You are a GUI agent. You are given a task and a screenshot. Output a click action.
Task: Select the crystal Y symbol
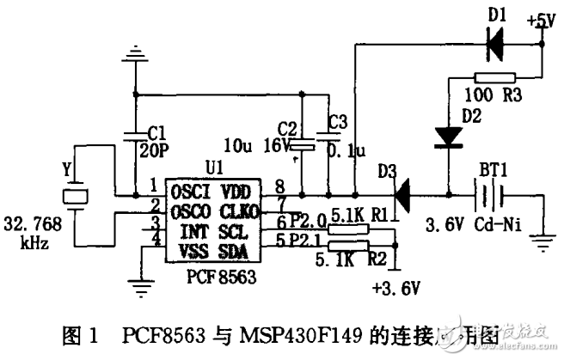pos(77,194)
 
